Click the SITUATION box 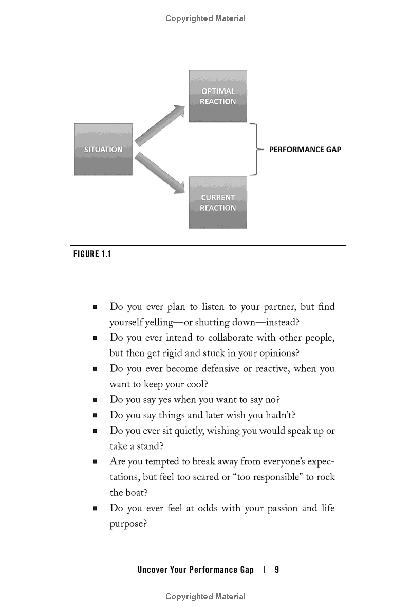(103, 150)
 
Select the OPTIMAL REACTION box (218, 96)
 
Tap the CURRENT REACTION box (218, 202)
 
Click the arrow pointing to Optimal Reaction (159, 125)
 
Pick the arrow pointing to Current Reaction (159, 172)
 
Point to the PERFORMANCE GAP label (305, 150)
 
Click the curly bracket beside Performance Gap (255, 150)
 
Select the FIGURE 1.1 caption (92, 254)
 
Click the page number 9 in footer (277, 569)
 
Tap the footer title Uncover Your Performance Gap (195, 569)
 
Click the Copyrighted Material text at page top (206, 18)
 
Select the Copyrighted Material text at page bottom (206, 597)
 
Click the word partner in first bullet (277, 307)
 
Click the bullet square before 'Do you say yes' (95, 400)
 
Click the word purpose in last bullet (126, 524)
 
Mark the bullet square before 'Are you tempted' (95, 462)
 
